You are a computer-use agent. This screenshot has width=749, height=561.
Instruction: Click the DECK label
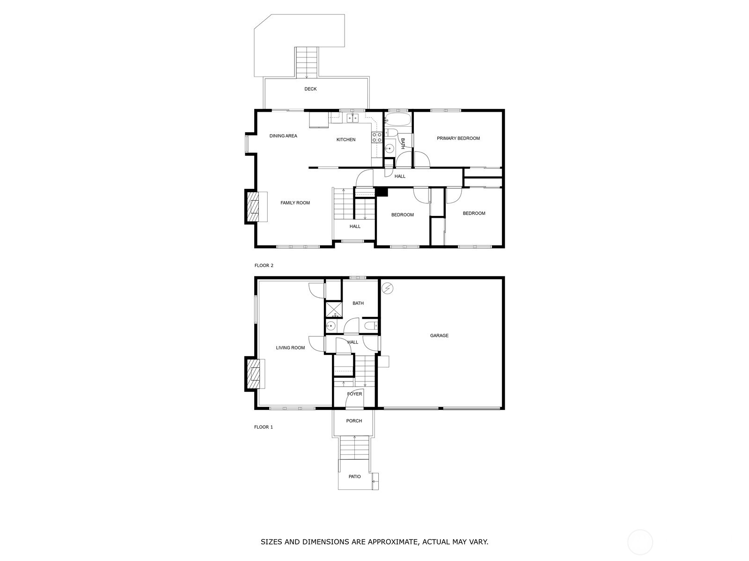pos(310,89)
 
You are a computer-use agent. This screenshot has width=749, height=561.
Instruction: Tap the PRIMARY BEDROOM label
pos(458,138)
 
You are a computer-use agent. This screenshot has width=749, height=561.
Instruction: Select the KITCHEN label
pos(345,140)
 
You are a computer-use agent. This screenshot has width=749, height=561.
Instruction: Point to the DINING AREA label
pos(283,136)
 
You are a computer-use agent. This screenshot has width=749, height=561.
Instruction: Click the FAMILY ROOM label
pos(295,203)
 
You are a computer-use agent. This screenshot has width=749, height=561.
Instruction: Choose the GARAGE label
pos(439,336)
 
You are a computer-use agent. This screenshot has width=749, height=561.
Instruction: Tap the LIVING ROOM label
pos(290,348)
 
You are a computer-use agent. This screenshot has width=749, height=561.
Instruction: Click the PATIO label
pos(354,476)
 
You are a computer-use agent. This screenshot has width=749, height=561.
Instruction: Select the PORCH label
pos(354,421)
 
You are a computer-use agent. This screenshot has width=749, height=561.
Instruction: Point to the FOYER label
pos(354,394)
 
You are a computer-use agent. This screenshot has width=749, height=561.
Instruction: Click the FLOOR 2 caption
pos(264,266)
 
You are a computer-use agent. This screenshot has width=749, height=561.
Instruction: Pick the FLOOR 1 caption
pos(264,427)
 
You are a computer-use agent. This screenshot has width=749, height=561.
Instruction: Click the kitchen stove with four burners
pos(377,137)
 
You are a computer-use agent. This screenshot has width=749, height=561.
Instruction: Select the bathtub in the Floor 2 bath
pos(397,119)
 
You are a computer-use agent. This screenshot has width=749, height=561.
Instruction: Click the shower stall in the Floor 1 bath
pos(333,309)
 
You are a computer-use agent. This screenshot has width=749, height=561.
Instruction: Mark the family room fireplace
pos(252,207)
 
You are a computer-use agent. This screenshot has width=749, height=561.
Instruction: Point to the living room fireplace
pos(252,374)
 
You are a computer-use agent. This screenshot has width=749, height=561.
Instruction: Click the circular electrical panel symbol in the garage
pos(387,288)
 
